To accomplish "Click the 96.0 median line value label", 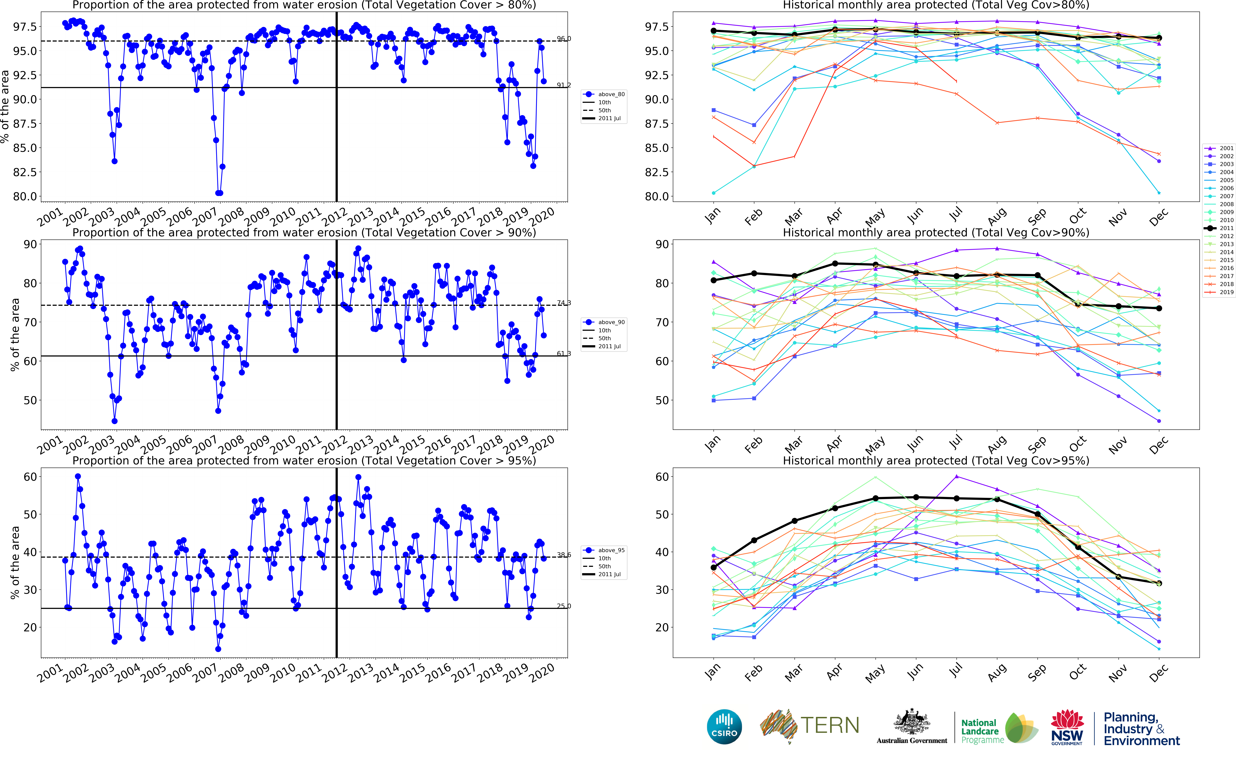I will tap(563, 39).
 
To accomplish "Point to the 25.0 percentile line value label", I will tap(563, 606).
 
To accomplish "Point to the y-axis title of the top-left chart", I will tap(5, 106).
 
